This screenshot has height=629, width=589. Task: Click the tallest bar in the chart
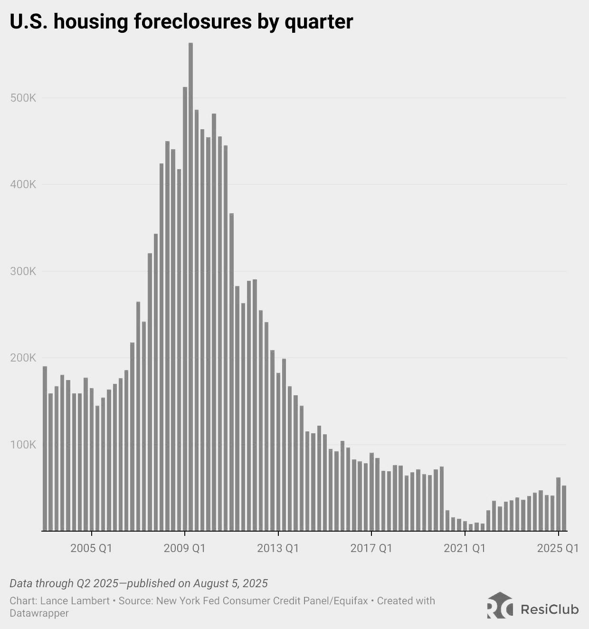click(190, 285)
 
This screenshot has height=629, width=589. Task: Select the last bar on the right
click(564, 508)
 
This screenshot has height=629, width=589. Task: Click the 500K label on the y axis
click(23, 98)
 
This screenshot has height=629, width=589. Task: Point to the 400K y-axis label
click(23, 184)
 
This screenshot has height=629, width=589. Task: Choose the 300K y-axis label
click(23, 271)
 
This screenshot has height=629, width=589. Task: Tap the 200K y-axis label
click(23, 358)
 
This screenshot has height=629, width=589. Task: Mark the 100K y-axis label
click(23, 445)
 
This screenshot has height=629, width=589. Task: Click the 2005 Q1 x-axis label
click(91, 548)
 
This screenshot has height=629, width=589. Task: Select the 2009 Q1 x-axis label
click(184, 548)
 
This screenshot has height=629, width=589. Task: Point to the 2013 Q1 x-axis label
click(278, 548)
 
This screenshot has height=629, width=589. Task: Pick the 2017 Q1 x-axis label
click(371, 548)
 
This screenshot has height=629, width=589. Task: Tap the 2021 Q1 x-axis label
click(465, 548)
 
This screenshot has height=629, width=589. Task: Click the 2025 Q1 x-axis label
click(558, 548)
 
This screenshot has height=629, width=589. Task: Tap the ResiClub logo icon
click(500, 606)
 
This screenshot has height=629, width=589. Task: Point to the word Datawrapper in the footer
click(39, 613)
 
